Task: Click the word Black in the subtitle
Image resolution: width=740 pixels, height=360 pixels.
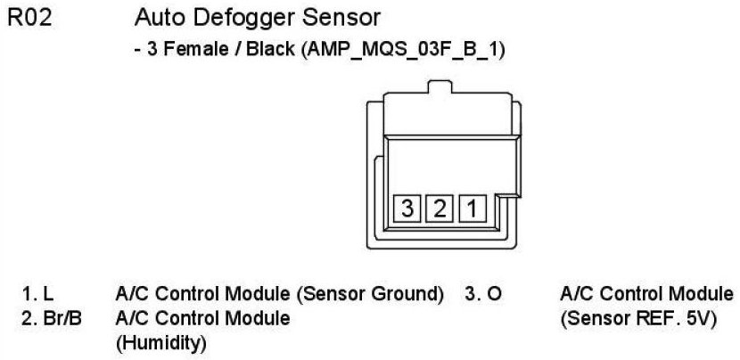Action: click(260, 51)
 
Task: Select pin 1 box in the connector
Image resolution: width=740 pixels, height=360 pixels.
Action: click(472, 210)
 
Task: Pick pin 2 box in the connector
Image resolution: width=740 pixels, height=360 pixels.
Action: click(440, 210)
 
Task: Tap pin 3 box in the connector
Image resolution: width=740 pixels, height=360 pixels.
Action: click(407, 210)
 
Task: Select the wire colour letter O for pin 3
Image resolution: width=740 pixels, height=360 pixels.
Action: click(497, 293)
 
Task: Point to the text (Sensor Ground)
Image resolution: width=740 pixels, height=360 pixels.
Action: click(375, 293)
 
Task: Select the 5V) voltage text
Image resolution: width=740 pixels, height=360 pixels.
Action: click(698, 317)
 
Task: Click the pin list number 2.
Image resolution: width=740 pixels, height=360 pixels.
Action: click(27, 317)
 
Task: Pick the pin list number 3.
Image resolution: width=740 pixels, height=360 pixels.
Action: click(470, 293)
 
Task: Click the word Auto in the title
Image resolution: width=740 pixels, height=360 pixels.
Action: click(157, 19)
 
